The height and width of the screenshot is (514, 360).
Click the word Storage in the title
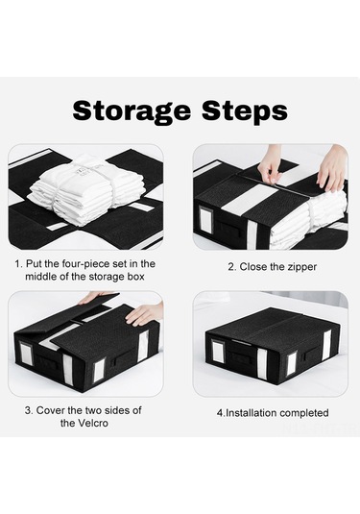132,111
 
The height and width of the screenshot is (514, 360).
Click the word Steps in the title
245,111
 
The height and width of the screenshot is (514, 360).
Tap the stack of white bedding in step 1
86,189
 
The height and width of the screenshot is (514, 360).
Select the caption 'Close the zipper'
273,267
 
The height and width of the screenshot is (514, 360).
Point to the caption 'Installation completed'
273,413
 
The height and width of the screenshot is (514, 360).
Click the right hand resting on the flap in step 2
331,169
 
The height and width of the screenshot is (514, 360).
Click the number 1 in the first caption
17,264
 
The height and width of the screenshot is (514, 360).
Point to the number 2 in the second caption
231,267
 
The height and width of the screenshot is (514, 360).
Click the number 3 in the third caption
29,410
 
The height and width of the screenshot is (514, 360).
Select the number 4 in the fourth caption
220,413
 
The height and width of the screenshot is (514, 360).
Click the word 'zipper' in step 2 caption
302,267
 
